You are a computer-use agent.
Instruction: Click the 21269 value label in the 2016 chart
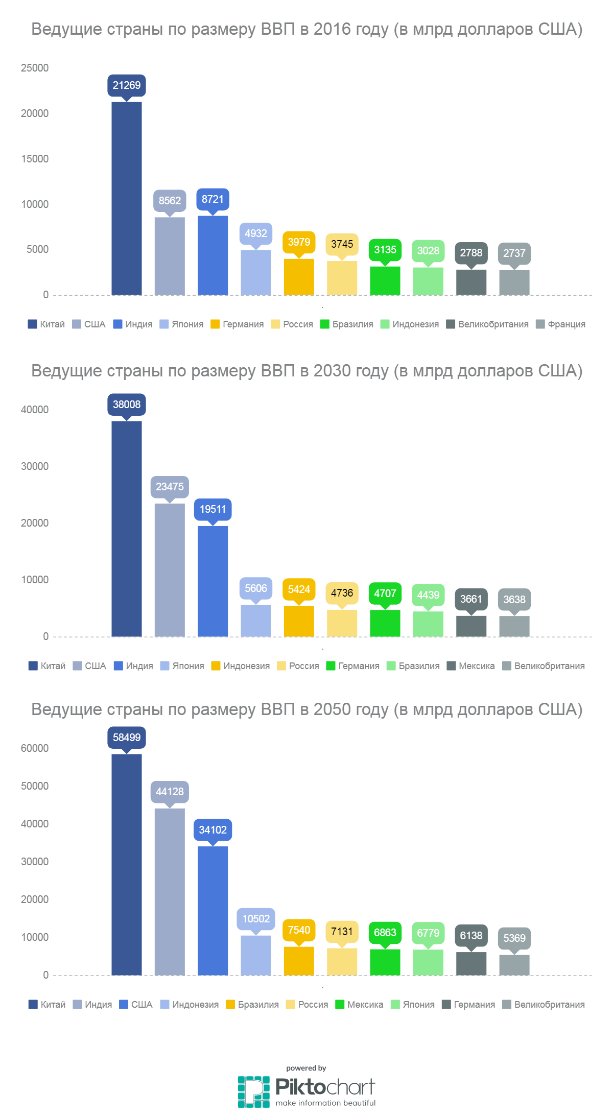[x=127, y=85]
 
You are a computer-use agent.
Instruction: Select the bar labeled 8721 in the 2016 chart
[x=213, y=255]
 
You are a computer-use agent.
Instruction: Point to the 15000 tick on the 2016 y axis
[x=35, y=159]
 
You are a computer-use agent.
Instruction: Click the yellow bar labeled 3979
[x=299, y=277]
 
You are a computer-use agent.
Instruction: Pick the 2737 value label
[x=514, y=253]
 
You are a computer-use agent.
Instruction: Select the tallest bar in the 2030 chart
[x=127, y=529]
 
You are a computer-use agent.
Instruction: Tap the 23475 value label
[x=170, y=487]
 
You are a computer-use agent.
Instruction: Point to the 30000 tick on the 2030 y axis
[x=35, y=466]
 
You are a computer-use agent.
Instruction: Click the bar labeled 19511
[x=213, y=581]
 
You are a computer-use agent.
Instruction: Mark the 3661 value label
[x=471, y=599]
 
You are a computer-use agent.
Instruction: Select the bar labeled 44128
[x=170, y=891]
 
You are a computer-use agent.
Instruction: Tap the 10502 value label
[x=256, y=919]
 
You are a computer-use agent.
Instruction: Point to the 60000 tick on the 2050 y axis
[x=35, y=748]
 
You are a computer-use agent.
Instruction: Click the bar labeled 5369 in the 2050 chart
[x=514, y=965]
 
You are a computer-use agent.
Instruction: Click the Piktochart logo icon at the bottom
[x=253, y=1091]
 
